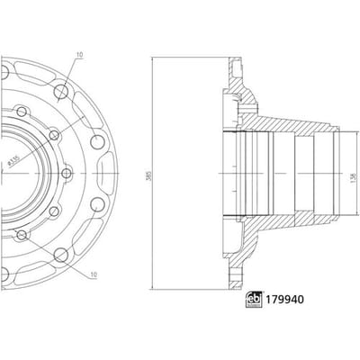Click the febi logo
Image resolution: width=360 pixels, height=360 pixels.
254,300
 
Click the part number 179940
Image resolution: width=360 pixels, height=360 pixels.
283,300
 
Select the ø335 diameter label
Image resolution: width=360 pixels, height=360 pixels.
13,160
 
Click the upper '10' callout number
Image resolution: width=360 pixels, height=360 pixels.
79,55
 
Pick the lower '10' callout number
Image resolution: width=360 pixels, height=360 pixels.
94,274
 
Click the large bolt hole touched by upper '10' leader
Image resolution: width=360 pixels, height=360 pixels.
61,92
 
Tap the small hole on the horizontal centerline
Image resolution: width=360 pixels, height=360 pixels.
67,174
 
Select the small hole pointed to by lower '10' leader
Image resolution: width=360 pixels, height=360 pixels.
22,236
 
